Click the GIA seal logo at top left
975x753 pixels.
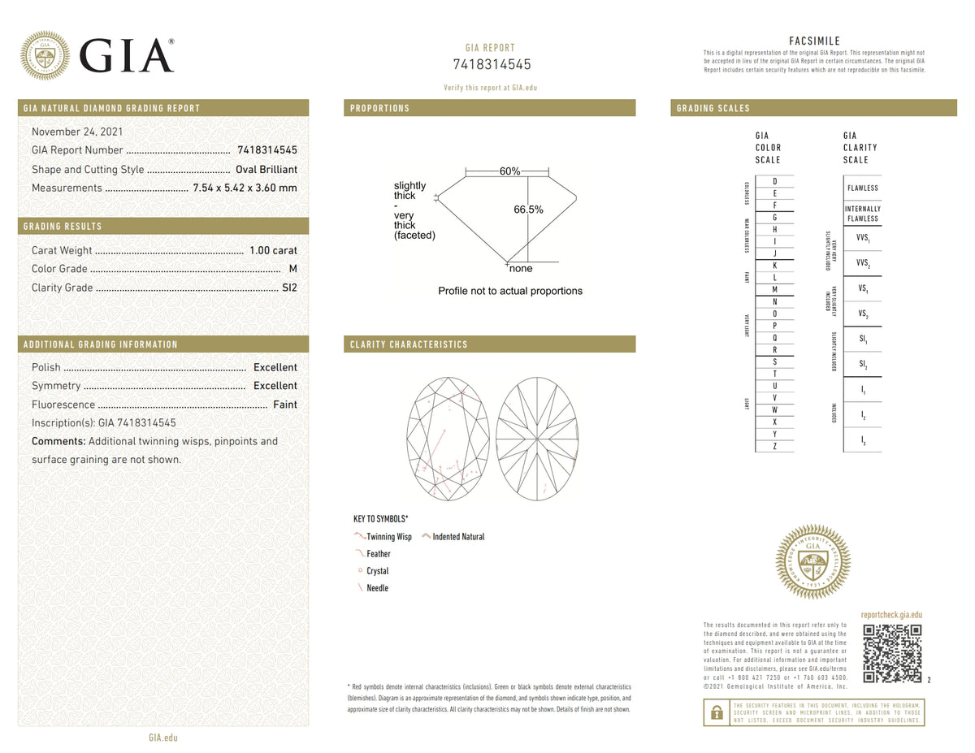click(45, 55)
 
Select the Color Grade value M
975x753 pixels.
click(292, 269)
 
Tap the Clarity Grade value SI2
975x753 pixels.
click(289, 288)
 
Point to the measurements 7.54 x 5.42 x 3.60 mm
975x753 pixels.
click(245, 188)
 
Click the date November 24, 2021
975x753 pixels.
click(77, 132)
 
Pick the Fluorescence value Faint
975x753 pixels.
click(285, 405)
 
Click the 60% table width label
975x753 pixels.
click(509, 171)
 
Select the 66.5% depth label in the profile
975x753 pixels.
click(528, 210)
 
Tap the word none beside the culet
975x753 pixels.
click(521, 268)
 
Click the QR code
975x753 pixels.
click(891, 653)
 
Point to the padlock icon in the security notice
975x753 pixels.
click(717, 712)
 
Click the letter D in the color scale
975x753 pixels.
click(775, 181)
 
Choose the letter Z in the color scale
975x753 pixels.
click(775, 446)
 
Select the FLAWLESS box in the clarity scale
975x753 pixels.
click(862, 188)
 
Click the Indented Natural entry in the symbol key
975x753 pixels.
click(458, 537)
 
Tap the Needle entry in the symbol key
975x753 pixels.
click(377, 588)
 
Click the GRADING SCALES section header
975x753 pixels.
click(713, 108)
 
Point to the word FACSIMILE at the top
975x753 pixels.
click(814, 41)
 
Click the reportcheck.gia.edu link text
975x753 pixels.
click(891, 616)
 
